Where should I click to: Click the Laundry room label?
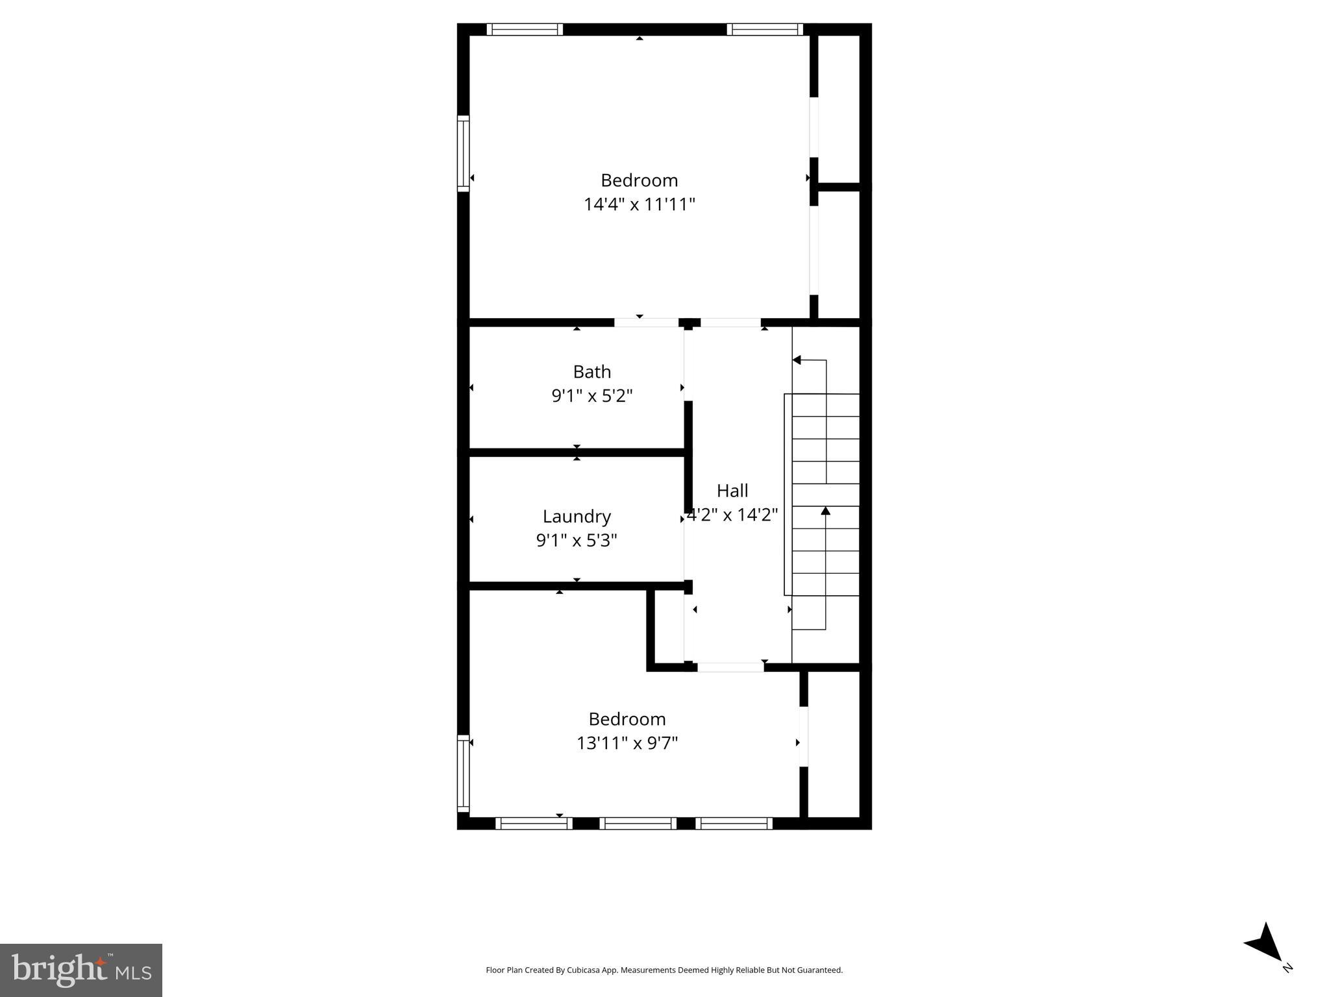point(577,517)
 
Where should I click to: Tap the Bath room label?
point(591,372)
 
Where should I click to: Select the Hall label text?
point(732,491)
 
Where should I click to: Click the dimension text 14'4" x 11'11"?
point(639,204)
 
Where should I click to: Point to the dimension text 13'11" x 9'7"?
point(627,743)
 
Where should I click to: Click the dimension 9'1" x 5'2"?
point(591,396)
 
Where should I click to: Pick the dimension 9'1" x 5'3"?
point(577,540)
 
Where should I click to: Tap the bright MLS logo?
point(81,970)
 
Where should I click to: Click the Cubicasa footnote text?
point(664,970)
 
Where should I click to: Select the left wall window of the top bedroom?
point(463,153)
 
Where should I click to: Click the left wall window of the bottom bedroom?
point(463,773)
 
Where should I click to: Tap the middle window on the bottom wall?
point(638,823)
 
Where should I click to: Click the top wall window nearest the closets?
point(764,29)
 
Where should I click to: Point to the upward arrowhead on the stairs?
point(825,511)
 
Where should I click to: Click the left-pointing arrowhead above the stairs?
point(797,360)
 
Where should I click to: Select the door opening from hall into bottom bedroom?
point(730,667)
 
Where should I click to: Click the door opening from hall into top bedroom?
point(730,323)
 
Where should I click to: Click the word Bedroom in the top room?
point(639,180)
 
